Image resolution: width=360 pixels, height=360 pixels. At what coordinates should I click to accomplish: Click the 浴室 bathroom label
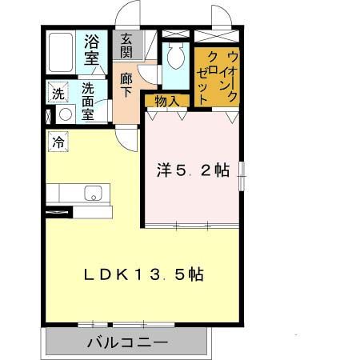pos(92,50)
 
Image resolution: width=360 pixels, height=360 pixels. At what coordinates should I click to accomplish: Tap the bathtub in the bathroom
pos(61,53)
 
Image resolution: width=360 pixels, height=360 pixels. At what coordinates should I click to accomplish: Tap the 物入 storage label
pos(166,100)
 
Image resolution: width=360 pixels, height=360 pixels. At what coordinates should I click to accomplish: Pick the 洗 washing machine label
pos(58,94)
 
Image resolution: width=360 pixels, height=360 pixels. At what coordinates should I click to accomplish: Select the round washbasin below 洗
pos(66,114)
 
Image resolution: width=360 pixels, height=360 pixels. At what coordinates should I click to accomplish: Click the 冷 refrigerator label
pos(58,142)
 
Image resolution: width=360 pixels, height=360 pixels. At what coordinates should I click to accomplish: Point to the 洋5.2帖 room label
pos(192,170)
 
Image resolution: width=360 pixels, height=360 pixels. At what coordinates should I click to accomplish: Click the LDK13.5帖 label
pos(144,274)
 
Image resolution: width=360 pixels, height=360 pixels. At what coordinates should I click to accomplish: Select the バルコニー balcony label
pos(127,343)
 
